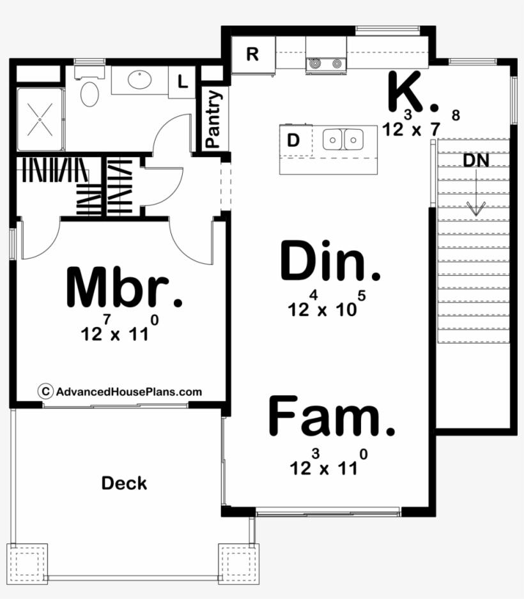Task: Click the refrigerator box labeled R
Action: tap(252, 54)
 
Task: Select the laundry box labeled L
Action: tap(182, 82)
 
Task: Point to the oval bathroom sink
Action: tap(139, 80)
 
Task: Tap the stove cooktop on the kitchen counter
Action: tap(325, 63)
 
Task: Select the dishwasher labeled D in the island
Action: tap(293, 140)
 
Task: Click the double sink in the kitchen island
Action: tap(343, 139)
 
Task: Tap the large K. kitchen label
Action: tap(413, 94)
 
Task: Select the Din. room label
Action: tap(330, 262)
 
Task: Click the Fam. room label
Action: tap(331, 416)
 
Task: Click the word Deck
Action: tap(124, 483)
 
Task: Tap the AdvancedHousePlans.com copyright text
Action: tap(121, 391)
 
